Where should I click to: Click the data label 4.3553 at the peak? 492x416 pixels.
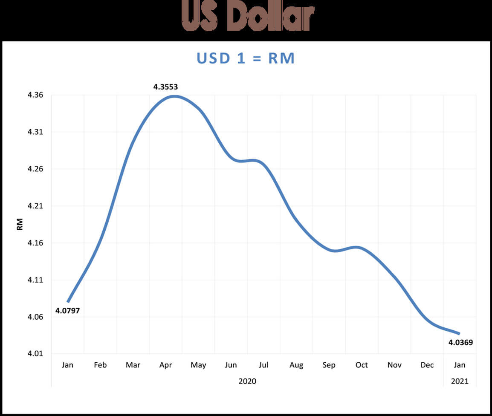pyautogui.click(x=165, y=87)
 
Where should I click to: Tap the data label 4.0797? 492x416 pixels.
pyautogui.click(x=67, y=311)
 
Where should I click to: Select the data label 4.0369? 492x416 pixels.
pyautogui.click(x=460, y=342)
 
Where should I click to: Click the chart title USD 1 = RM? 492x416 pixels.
pyautogui.click(x=246, y=58)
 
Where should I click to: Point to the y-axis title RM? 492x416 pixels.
pyautogui.click(x=20, y=224)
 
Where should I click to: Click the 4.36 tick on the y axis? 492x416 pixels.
pyautogui.click(x=35, y=95)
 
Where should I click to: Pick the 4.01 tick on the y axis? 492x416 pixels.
pyautogui.click(x=35, y=354)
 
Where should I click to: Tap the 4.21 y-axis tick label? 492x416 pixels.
pyautogui.click(x=35, y=206)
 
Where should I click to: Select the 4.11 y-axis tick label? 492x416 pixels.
pyautogui.click(x=35, y=280)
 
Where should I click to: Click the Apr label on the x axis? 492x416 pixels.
pyautogui.click(x=165, y=365)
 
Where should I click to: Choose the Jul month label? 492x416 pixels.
pyautogui.click(x=263, y=365)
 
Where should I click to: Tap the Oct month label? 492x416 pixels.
pyautogui.click(x=362, y=365)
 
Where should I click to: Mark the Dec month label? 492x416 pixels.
pyautogui.click(x=427, y=365)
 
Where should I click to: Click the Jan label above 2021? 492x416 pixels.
pyautogui.click(x=460, y=365)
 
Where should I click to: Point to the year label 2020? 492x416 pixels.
pyautogui.click(x=247, y=381)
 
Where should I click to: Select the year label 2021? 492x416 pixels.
pyautogui.click(x=460, y=381)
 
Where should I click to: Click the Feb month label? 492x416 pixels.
pyautogui.click(x=100, y=365)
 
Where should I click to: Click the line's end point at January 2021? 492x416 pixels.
pyautogui.click(x=459, y=333)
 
